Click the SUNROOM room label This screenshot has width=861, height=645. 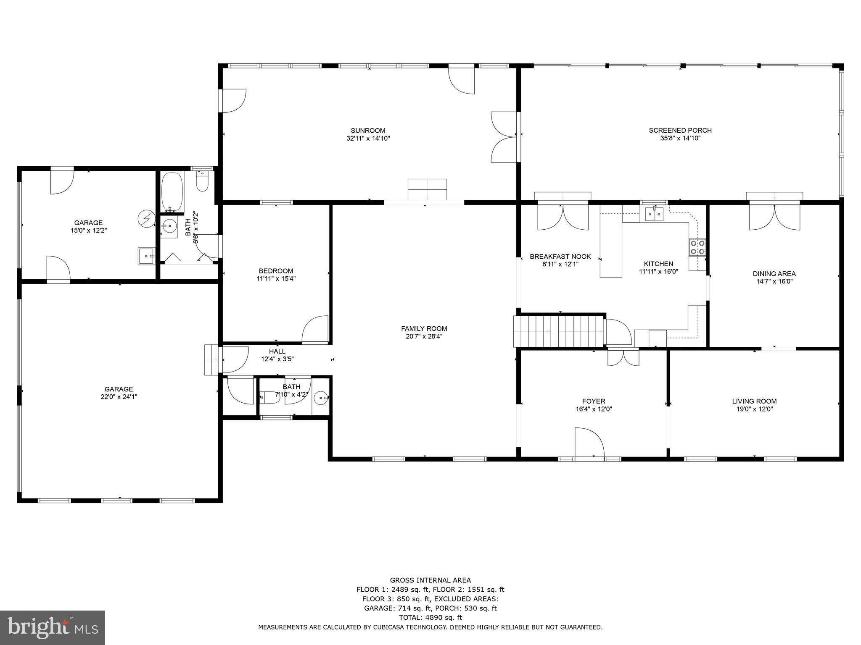click(368, 131)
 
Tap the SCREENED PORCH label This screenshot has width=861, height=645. click(680, 130)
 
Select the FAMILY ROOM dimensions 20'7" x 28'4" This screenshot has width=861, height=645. click(424, 336)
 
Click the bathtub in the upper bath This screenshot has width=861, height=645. click(172, 191)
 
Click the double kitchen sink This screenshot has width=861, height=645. click(655, 215)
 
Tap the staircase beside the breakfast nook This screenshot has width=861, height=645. click(558, 331)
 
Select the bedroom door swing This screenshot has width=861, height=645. click(315, 330)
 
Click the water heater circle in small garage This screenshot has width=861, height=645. click(146, 218)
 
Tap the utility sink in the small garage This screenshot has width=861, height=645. click(146, 256)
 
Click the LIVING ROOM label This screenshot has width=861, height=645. click(754, 401)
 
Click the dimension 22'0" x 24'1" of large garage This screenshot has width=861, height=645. click(119, 397)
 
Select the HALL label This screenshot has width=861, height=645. click(277, 351)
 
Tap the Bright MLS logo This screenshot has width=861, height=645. click(53, 627)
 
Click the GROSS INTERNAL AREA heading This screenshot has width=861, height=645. click(430, 580)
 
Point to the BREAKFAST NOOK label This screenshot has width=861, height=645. click(560, 257)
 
